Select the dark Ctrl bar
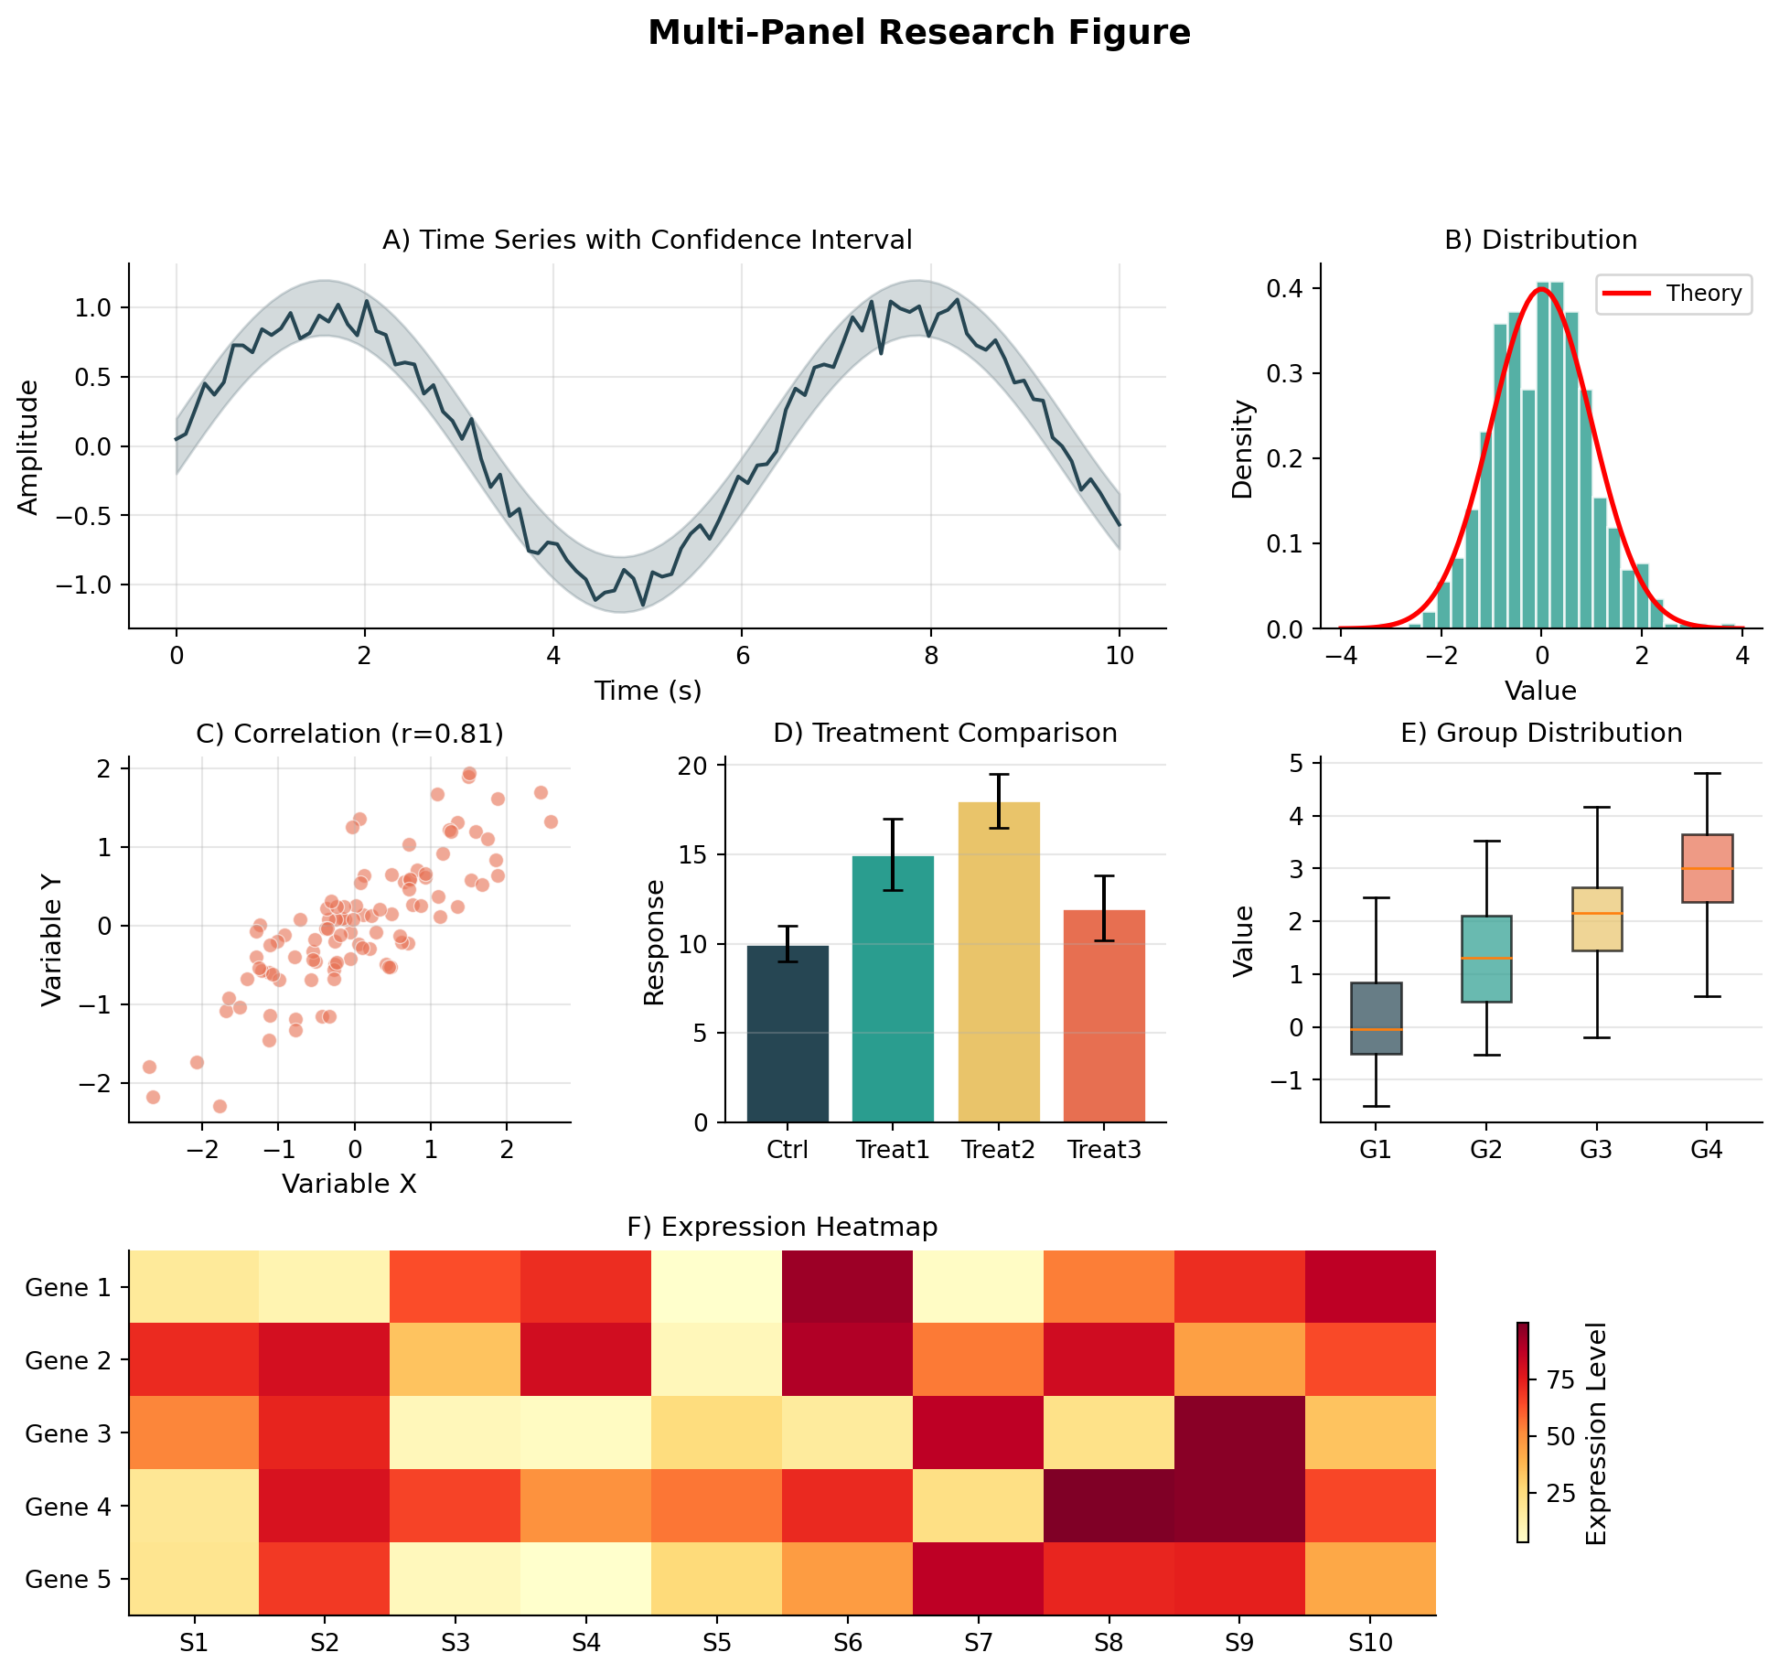(788, 1034)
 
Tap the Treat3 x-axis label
(1104, 1150)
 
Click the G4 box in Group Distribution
(1707, 868)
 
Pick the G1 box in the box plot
(1376, 1017)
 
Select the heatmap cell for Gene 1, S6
(847, 1286)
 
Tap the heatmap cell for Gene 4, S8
(1109, 1506)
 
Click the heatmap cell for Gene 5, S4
(585, 1579)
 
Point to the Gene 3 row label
(68, 1433)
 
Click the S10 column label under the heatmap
(1370, 1644)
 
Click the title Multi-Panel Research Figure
(918, 33)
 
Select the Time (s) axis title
(648, 691)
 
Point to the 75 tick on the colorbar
(1560, 1380)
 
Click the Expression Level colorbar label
(1596, 1433)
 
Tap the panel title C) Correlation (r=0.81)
(349, 734)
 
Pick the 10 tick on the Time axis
(1119, 655)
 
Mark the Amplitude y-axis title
(28, 447)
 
